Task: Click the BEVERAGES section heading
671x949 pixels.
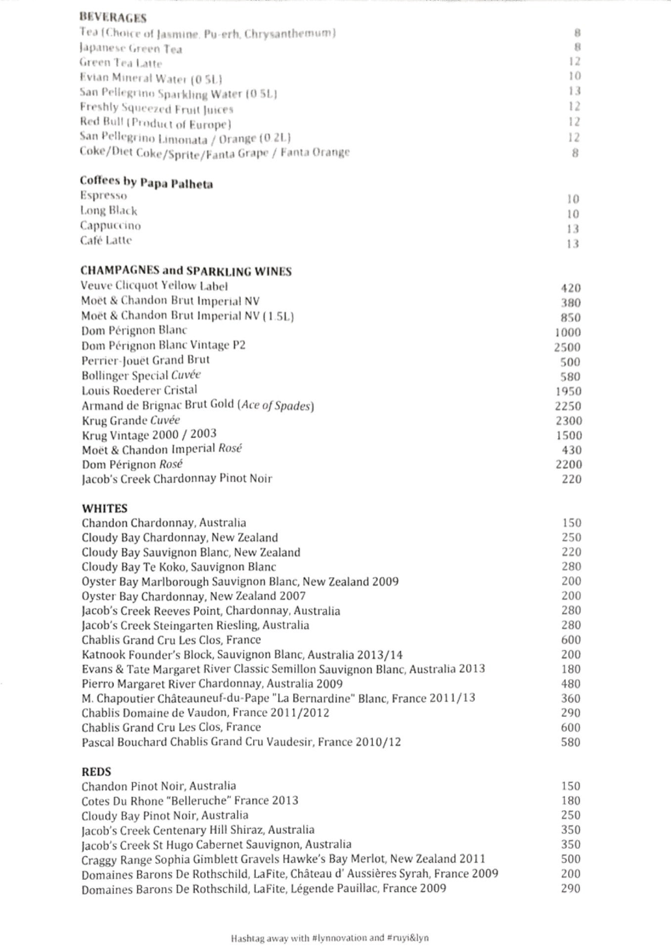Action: click(113, 18)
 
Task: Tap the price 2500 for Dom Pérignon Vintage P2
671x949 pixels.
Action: click(567, 347)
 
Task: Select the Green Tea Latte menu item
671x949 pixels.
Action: click(121, 63)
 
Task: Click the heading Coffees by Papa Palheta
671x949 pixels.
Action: click(146, 183)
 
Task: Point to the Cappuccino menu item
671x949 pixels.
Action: click(110, 226)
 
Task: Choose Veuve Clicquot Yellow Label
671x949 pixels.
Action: click(154, 286)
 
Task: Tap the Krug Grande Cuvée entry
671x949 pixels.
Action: click(131, 421)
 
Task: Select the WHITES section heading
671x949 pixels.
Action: click(104, 508)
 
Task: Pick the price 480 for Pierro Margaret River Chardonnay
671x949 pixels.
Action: click(571, 684)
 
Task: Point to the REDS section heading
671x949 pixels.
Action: click(96, 772)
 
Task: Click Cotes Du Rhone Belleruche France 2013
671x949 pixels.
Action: click(190, 801)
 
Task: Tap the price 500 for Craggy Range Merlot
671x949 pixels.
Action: click(571, 859)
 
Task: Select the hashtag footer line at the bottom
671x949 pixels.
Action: click(329, 938)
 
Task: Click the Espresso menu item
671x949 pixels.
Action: click(103, 196)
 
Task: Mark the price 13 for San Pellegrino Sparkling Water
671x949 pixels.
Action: click(574, 91)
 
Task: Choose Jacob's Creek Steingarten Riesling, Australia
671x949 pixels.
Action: click(195, 625)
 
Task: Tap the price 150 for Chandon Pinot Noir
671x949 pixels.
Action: click(571, 786)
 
